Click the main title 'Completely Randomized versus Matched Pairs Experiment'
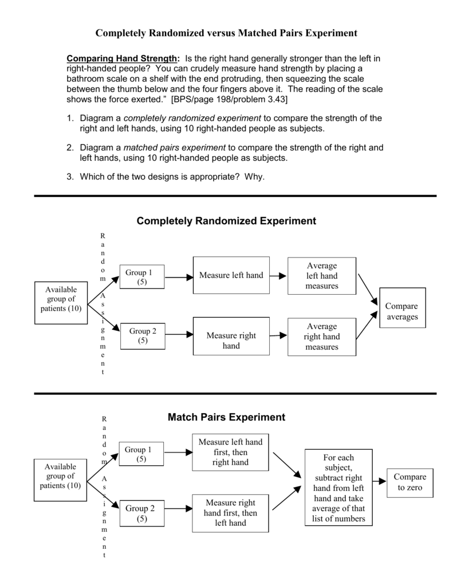(226, 33)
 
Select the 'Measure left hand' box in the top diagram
(231, 275)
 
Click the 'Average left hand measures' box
(321, 276)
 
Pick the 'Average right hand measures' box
(321, 336)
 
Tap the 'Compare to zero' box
(410, 482)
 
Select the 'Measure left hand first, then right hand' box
(230, 452)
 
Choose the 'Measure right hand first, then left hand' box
(230, 513)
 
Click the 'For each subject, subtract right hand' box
(338, 488)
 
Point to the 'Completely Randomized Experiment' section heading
(226, 221)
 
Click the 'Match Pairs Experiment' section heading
(226, 417)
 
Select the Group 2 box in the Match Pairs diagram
(140, 513)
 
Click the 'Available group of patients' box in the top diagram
(61, 299)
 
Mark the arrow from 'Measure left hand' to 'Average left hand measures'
(278, 276)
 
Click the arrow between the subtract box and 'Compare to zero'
(380, 482)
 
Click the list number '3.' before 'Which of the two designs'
(70, 177)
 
